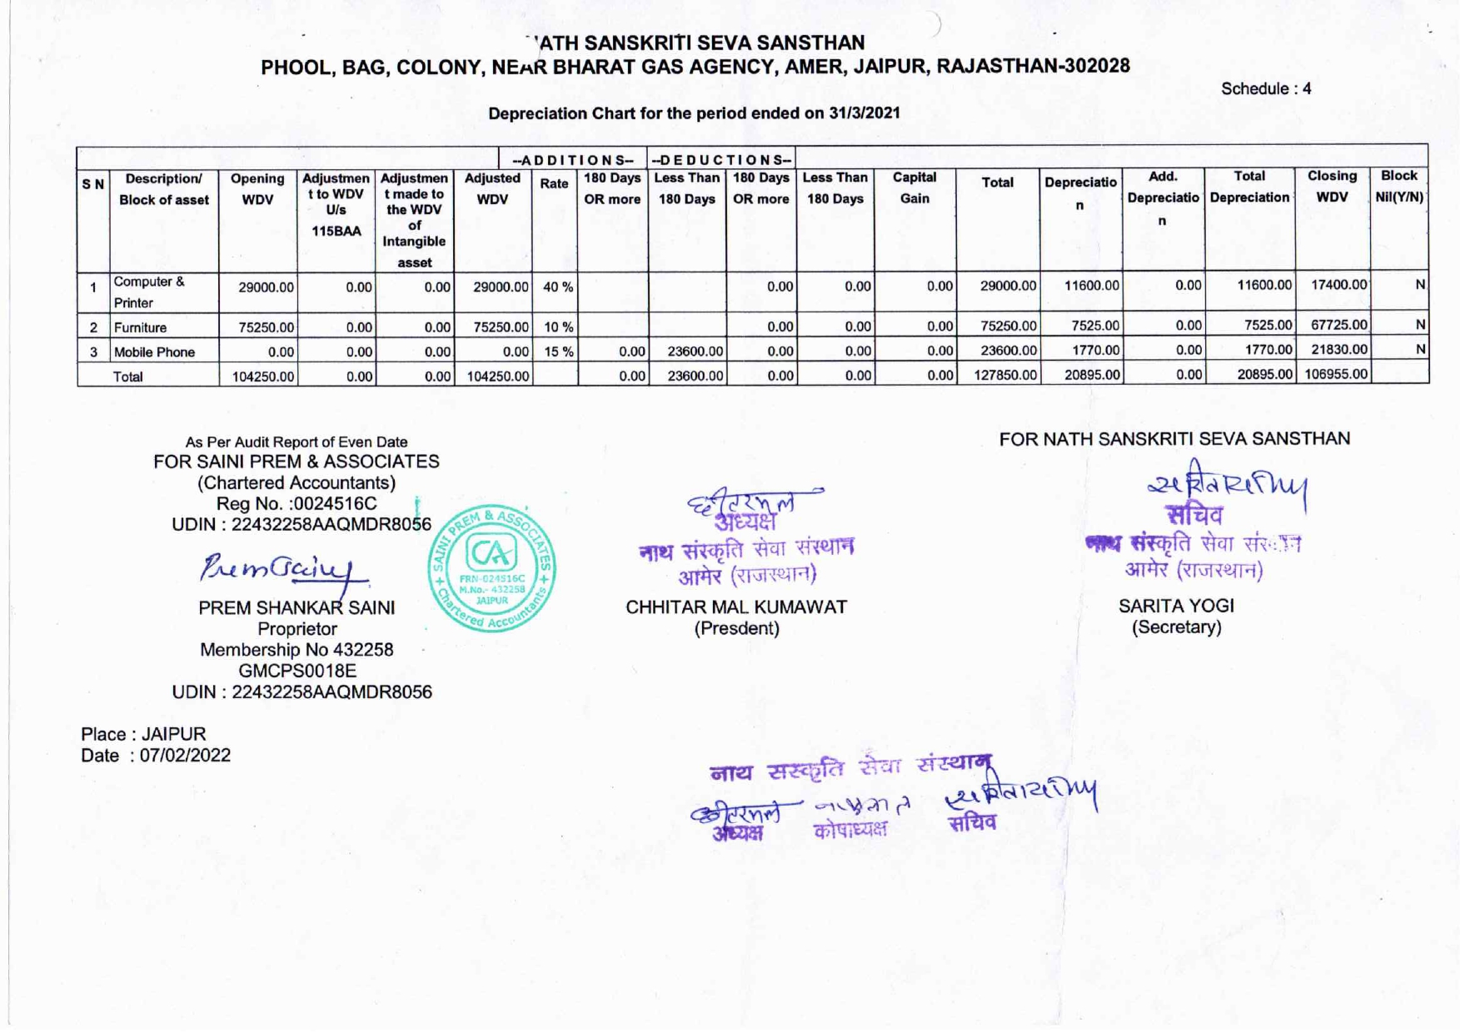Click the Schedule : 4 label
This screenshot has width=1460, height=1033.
click(x=1265, y=89)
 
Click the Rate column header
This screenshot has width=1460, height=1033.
click(x=554, y=184)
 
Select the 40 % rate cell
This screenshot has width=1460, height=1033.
click(x=557, y=287)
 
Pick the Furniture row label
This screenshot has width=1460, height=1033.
click(x=140, y=327)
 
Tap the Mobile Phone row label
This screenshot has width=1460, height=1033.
click(x=154, y=352)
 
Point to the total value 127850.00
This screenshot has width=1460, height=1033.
click(x=1005, y=375)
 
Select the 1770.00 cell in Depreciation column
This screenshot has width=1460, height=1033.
click(x=1095, y=350)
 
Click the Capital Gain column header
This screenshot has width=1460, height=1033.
click(x=914, y=187)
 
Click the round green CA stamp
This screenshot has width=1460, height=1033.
click(x=492, y=569)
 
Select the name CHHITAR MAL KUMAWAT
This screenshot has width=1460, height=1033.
click(x=735, y=607)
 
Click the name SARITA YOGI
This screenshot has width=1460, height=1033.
click(x=1175, y=606)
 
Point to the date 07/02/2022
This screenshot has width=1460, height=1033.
click(x=185, y=756)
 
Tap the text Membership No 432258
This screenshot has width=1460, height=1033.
click(x=296, y=650)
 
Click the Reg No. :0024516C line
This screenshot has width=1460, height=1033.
click(x=296, y=503)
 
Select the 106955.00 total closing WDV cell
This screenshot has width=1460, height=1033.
click(x=1335, y=374)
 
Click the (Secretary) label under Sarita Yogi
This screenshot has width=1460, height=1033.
click(x=1175, y=626)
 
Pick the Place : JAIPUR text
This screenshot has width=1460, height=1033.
click(x=142, y=734)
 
